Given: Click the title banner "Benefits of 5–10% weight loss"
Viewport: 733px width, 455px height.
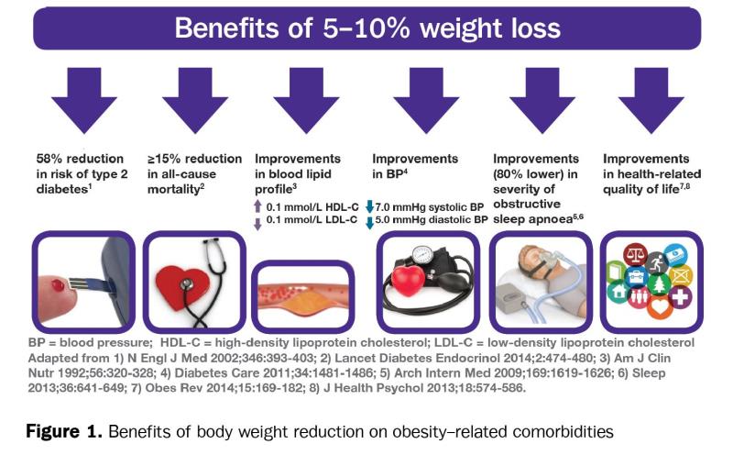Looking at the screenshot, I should pos(366,27).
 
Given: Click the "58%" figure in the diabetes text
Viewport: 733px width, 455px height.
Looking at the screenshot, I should pos(49,159).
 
